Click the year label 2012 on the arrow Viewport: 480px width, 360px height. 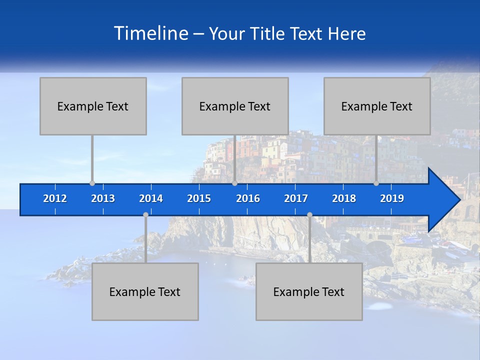point(55,198)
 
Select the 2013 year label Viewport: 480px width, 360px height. point(103,198)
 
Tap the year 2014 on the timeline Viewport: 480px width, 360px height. point(151,198)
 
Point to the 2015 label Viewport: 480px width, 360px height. point(199,198)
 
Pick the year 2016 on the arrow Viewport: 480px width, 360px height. point(248,198)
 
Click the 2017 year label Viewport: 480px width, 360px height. point(296,198)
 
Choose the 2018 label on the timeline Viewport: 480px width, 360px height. point(344,198)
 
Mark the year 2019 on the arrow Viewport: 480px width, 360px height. point(392,198)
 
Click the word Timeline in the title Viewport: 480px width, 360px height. point(150,33)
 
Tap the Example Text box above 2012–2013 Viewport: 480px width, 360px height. point(93,106)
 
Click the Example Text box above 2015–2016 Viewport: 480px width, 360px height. point(235,106)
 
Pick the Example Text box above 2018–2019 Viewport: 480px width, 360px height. point(377,106)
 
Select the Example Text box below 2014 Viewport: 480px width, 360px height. point(145,291)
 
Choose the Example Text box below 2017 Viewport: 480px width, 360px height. point(309,291)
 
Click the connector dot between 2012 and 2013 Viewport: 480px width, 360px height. point(92,183)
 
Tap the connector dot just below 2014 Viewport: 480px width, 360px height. point(145,215)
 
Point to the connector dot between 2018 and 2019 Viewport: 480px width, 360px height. point(376,183)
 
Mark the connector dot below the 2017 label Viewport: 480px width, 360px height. point(309,215)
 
